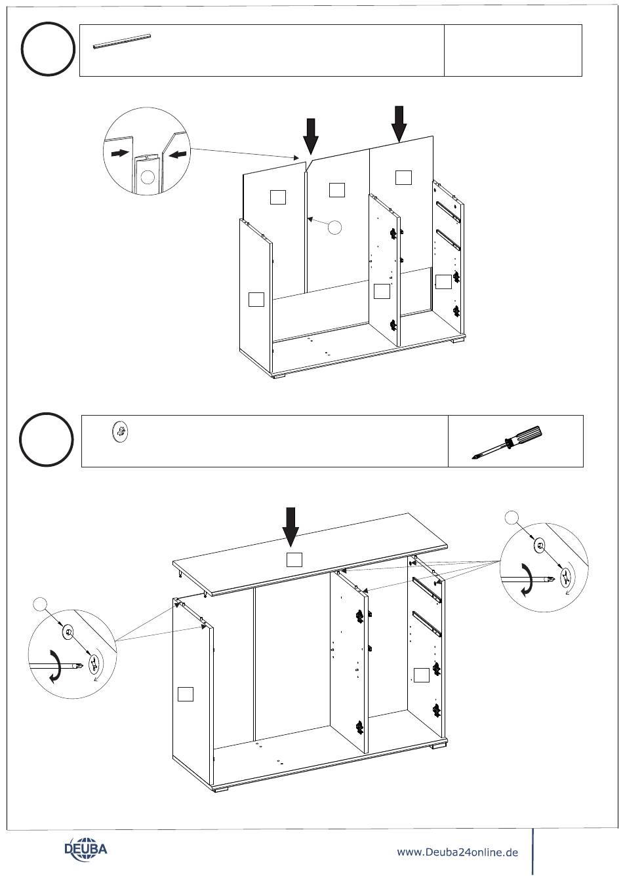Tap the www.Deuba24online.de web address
point(457,852)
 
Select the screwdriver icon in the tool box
point(508,443)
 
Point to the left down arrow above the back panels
point(311,136)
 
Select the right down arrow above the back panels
point(399,123)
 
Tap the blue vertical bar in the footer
point(533,851)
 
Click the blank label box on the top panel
point(294,559)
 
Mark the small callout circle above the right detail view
point(513,518)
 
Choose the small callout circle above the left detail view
point(41,604)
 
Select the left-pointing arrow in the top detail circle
point(178,155)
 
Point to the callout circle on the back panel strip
point(334,227)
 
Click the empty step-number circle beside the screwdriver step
point(46,439)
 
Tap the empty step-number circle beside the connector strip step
point(47,49)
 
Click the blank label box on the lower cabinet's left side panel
point(186,693)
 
